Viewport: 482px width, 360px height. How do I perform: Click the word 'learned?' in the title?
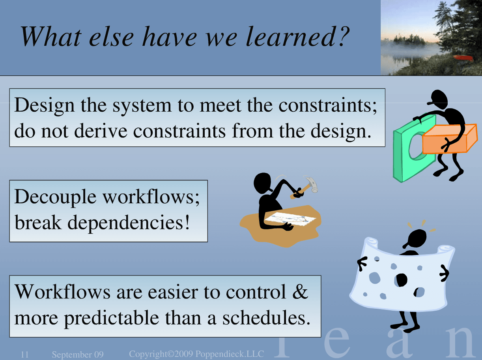coord(297,36)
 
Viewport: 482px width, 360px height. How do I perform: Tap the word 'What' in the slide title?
coord(51,36)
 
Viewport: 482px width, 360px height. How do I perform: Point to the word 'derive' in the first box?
coord(101,131)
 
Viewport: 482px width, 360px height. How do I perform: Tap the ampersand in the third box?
coord(300,291)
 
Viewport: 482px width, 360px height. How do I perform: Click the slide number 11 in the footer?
coord(24,354)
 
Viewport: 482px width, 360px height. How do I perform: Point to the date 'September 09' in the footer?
coord(78,354)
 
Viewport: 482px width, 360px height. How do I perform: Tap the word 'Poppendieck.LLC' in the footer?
coord(230,354)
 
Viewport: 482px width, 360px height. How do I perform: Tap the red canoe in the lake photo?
coord(463,58)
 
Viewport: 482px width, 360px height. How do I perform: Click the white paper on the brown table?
coord(290,219)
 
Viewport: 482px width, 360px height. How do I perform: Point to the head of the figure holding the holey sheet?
coord(416,239)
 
